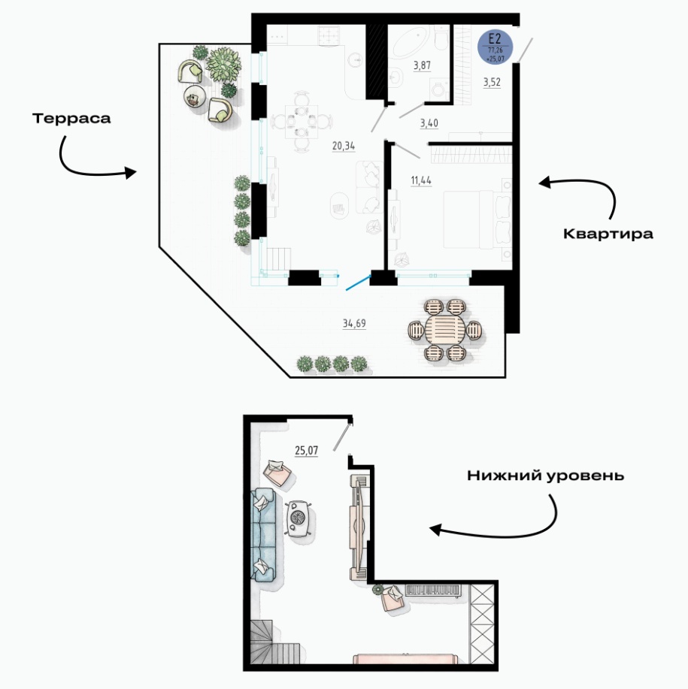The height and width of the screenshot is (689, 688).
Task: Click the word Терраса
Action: click(71, 119)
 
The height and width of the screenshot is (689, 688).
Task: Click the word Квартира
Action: click(608, 234)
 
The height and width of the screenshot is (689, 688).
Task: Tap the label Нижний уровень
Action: click(546, 476)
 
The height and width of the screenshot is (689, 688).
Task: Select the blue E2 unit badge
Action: click(495, 47)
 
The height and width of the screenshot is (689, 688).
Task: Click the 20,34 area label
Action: click(344, 146)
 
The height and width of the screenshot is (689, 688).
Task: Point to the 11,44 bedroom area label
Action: click(421, 180)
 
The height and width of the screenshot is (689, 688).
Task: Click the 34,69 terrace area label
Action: click(354, 323)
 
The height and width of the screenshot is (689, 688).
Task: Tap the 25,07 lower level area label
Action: click(307, 450)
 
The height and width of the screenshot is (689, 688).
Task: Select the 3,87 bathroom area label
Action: click(422, 65)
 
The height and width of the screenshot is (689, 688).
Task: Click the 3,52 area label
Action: click(492, 82)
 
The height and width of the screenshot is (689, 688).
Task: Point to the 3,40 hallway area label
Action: click(429, 123)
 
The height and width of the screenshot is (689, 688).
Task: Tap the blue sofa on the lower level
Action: click(262, 534)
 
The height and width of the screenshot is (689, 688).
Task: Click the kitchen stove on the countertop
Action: click(329, 35)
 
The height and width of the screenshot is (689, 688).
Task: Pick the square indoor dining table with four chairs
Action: click(302, 121)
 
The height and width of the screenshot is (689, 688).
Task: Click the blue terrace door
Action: click(359, 283)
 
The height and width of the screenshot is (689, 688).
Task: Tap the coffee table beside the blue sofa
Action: click(299, 519)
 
